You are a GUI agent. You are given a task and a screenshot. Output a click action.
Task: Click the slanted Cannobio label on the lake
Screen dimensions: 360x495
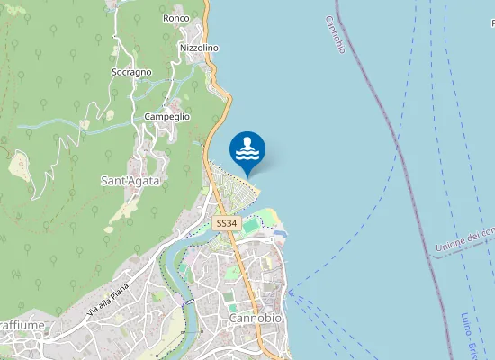click(335, 34)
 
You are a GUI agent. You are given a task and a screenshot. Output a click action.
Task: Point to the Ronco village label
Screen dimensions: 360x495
click(175, 18)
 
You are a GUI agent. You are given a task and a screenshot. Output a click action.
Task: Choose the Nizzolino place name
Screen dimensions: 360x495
click(199, 48)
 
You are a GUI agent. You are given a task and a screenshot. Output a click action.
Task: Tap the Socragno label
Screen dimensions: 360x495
click(131, 72)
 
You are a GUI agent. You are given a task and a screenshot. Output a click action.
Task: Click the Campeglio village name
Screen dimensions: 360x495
click(166, 117)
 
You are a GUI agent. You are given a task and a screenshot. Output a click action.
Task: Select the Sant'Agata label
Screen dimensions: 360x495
click(130, 181)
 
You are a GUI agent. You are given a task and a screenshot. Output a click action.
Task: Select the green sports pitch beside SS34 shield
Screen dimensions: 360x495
click(249, 229)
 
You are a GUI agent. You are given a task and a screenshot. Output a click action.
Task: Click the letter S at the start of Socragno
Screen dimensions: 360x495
click(114, 72)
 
